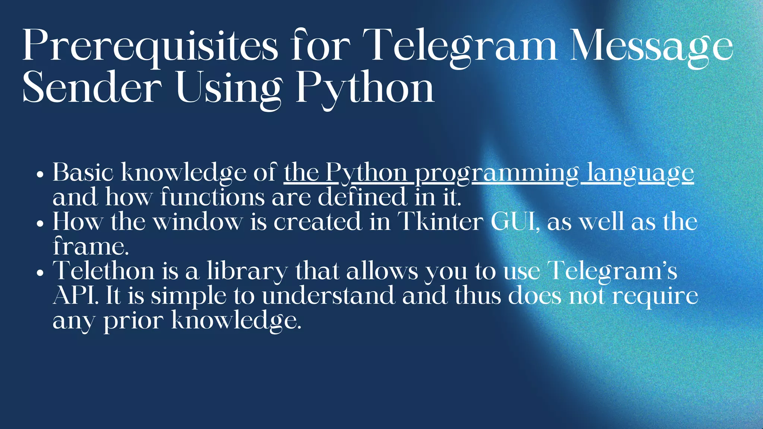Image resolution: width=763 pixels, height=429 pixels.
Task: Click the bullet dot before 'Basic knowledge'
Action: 41,174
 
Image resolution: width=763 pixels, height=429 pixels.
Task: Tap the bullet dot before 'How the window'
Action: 41,224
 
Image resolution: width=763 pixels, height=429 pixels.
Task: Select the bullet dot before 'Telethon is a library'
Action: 41,273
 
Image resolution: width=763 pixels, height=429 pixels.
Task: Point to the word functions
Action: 212,197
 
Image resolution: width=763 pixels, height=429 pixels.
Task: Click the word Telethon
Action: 104,271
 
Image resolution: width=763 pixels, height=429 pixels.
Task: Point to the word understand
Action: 328,296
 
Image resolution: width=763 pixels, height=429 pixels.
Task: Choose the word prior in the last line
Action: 133,321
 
